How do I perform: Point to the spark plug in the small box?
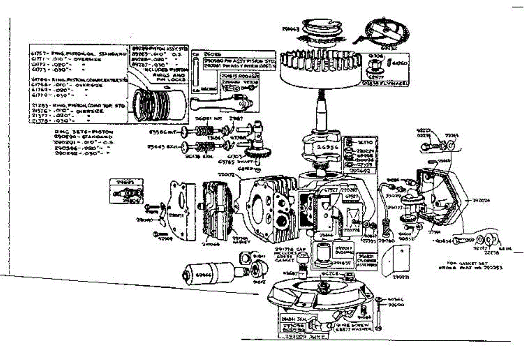point(127,193)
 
